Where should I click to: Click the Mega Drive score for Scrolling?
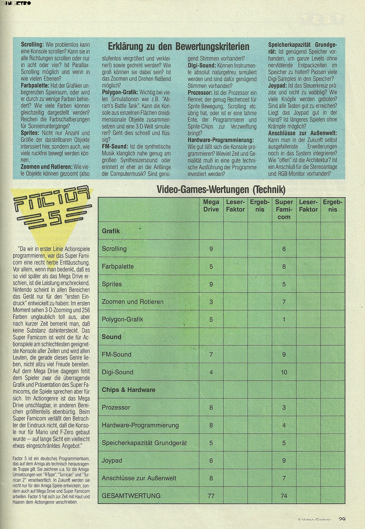211,249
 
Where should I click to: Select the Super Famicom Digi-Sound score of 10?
284,372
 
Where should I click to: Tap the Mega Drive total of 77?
211,495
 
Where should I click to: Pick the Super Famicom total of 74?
284,495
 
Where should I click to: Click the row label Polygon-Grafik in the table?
122,319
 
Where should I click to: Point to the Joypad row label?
112,460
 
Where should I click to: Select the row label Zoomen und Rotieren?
132,302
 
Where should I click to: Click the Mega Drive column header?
211,206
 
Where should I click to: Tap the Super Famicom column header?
284,209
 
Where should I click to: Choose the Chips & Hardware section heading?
129,390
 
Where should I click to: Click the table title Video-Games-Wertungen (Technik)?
221,190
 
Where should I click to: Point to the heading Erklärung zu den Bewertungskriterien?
178,47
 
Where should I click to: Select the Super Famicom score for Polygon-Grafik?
284,319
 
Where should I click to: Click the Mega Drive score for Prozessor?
211,407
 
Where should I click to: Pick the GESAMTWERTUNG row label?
132,495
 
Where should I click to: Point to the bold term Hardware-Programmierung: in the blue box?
220,140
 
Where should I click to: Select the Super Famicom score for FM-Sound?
284,355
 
